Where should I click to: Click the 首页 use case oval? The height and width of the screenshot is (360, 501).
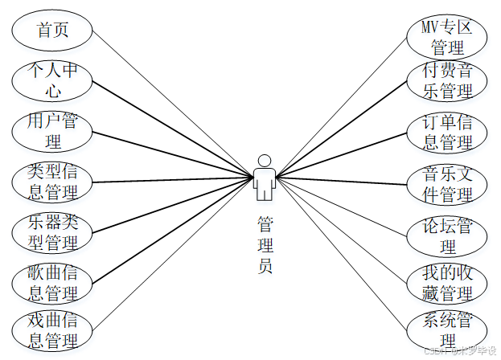[x=52, y=31]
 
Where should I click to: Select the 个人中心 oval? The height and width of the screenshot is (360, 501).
[x=52, y=81]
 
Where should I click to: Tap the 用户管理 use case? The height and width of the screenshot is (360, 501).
[x=52, y=132]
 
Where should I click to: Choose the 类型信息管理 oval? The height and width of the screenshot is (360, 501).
[x=52, y=182]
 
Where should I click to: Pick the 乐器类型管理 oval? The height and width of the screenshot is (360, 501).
[x=52, y=231]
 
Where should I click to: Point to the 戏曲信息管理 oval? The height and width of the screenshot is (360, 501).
[x=52, y=330]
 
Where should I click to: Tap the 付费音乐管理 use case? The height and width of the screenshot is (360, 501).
[x=447, y=81]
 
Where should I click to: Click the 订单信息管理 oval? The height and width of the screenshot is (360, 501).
[x=447, y=132]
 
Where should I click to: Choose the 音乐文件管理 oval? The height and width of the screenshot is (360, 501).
[x=447, y=184]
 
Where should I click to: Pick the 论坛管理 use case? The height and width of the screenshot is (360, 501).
[x=447, y=235]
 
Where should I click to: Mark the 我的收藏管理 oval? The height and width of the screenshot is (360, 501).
[x=447, y=283]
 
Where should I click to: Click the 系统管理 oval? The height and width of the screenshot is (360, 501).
[x=447, y=330]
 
